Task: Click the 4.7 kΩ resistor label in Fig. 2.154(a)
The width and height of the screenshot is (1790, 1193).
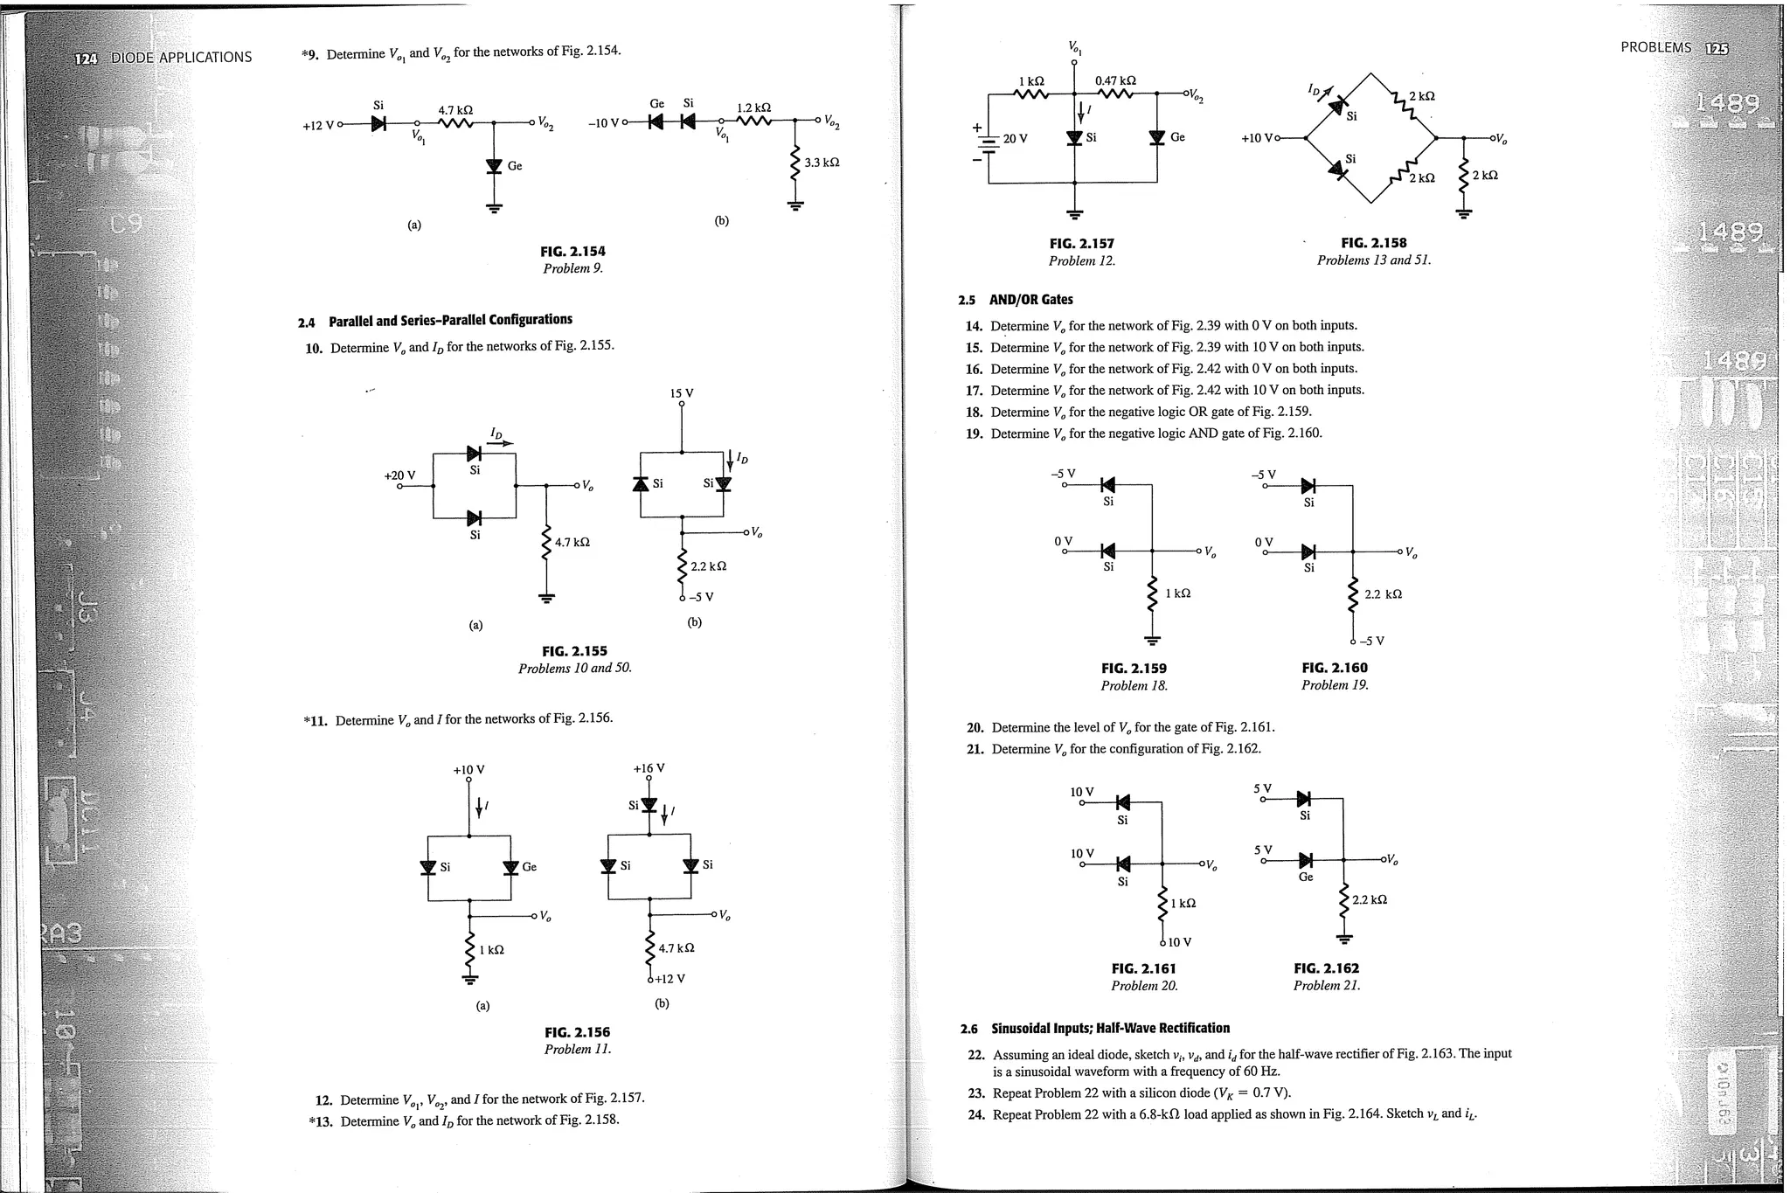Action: pos(455,110)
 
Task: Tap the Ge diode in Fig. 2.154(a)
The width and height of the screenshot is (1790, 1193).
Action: pos(495,165)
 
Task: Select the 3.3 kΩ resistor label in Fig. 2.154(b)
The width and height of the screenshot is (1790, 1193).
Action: pos(822,163)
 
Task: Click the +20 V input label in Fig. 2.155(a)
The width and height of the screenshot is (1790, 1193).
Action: pos(399,475)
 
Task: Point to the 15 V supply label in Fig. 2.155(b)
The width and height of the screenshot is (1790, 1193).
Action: pos(682,393)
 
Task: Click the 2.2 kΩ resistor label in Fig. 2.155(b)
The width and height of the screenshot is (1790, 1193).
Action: pos(708,566)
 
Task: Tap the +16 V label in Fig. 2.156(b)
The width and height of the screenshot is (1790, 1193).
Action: pos(649,768)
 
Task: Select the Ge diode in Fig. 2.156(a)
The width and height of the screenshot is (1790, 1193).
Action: pos(512,867)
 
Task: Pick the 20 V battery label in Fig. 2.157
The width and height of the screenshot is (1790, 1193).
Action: pos(1015,138)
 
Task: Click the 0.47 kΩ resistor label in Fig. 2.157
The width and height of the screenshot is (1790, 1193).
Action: pos(1115,80)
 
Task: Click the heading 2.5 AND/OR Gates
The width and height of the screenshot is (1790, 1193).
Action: pos(1015,300)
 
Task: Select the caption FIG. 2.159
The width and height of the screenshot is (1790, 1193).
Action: pos(1134,669)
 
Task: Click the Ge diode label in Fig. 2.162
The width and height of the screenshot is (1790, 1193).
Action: pos(1305,877)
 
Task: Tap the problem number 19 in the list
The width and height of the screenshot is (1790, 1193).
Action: pos(974,434)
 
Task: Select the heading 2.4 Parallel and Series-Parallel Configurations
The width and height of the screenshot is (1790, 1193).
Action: pos(434,321)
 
